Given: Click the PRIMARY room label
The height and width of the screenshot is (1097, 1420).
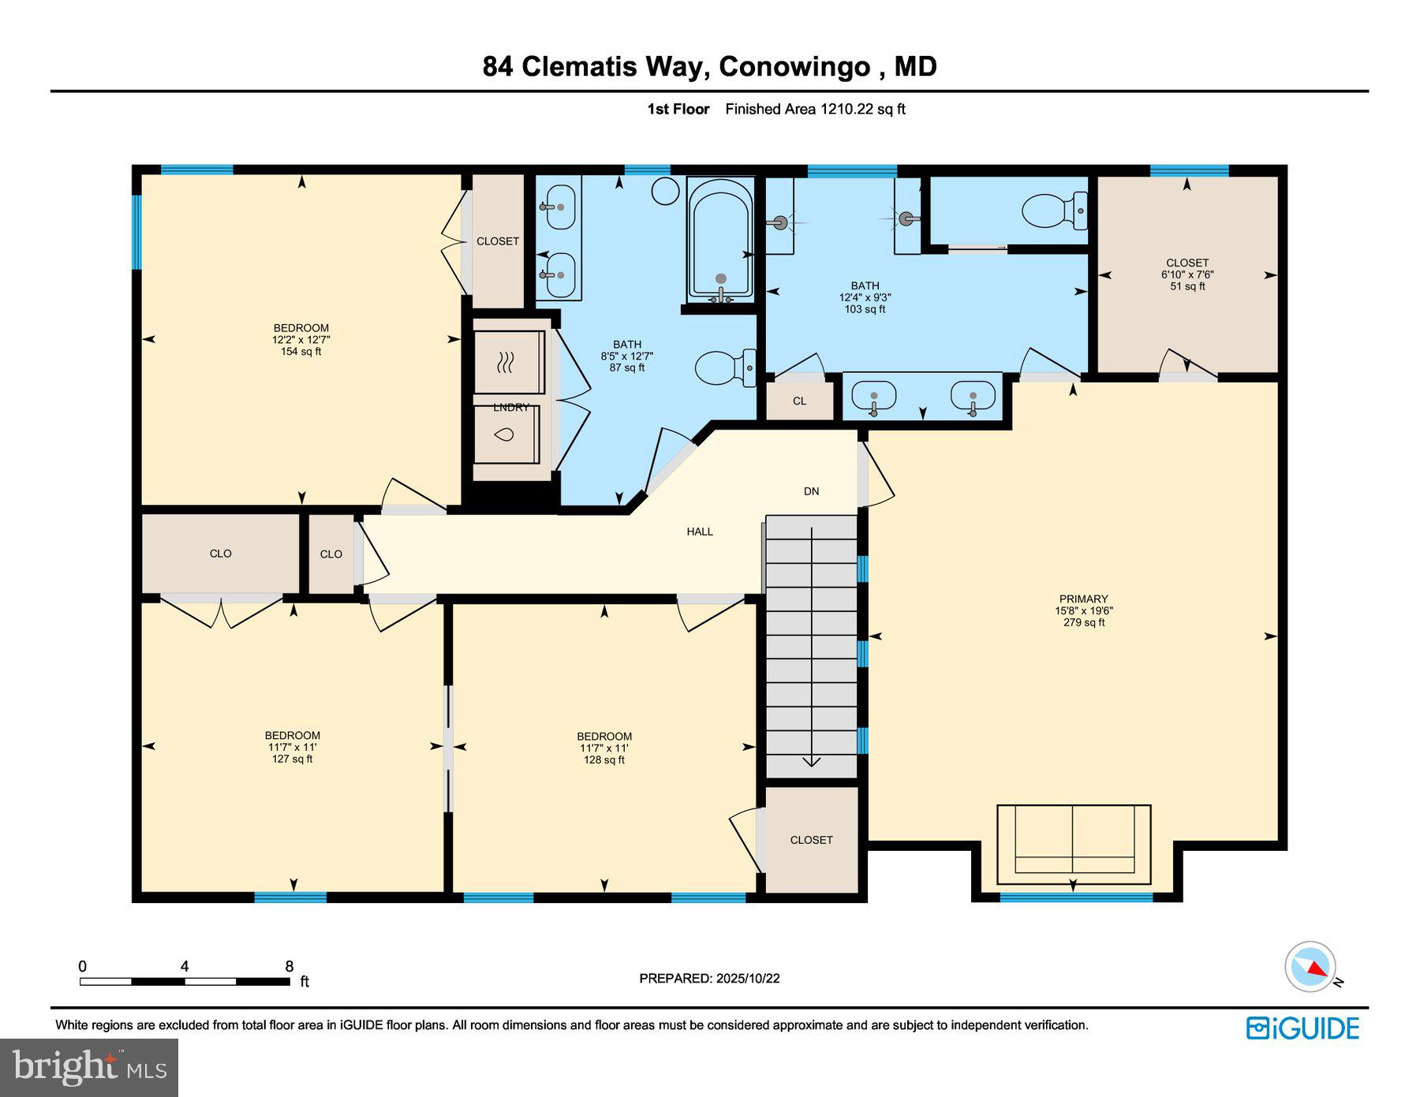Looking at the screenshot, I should coord(1083,599).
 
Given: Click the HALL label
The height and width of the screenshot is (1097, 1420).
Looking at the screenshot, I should coord(699,532).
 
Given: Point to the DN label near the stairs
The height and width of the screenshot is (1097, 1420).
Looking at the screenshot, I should coord(811,491).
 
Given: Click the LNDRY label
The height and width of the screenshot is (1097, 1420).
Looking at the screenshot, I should coord(511,407).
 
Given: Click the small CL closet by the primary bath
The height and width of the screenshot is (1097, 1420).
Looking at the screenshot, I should coord(799,401).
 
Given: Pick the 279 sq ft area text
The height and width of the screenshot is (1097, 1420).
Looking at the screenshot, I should coord(1083,622).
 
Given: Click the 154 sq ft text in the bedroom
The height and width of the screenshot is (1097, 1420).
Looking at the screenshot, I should coord(301,352).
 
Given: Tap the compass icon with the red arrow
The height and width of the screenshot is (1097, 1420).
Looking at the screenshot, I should coord(1310,966).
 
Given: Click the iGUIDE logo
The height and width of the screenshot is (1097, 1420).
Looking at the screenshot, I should coord(1302,1028).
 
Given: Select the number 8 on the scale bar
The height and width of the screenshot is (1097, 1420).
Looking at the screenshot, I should coord(290,966).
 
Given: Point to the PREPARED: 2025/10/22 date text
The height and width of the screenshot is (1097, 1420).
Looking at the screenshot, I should coord(709,978).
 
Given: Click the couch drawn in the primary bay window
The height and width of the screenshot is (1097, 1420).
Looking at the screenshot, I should coord(1074,844).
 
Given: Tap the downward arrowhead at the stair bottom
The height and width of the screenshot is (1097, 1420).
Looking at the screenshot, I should coord(811,762).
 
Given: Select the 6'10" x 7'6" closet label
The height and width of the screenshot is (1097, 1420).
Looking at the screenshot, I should coord(1186,274).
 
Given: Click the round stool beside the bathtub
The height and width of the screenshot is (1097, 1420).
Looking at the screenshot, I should coord(666,191).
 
